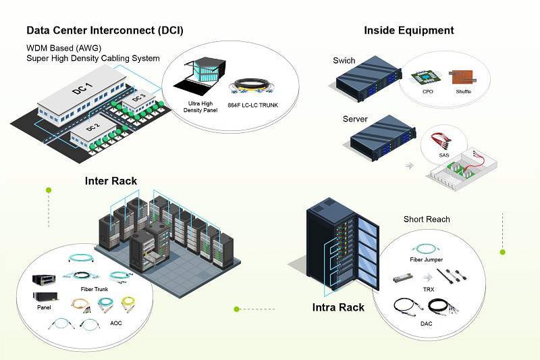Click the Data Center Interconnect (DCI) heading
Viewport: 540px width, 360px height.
[105, 30]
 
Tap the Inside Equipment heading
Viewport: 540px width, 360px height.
[408, 30]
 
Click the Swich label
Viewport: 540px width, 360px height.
[344, 61]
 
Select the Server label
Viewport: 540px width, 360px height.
[355, 119]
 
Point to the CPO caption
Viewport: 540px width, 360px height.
[428, 91]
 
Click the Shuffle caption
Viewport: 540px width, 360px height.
[464, 91]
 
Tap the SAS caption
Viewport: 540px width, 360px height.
[444, 155]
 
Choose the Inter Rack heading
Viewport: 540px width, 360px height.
[111, 181]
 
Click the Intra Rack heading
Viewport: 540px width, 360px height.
[338, 308]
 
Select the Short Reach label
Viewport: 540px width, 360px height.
[427, 220]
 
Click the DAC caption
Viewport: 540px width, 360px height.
[427, 324]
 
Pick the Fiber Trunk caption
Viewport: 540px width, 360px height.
[85, 289]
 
